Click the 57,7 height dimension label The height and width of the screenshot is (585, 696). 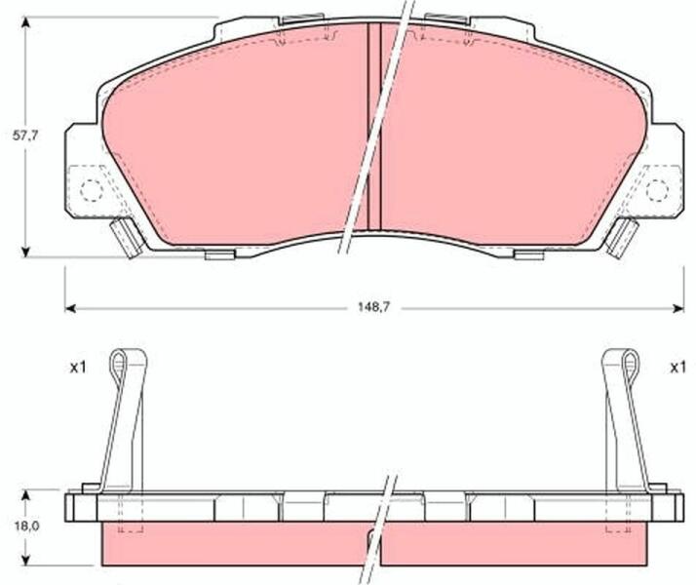25,136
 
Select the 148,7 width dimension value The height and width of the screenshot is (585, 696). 373,307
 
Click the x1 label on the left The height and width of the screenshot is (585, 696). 78,368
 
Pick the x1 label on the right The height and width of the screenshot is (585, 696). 677,368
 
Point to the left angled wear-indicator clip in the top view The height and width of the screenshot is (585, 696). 127,238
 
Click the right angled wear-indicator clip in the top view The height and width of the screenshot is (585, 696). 622,238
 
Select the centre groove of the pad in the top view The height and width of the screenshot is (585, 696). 374,126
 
